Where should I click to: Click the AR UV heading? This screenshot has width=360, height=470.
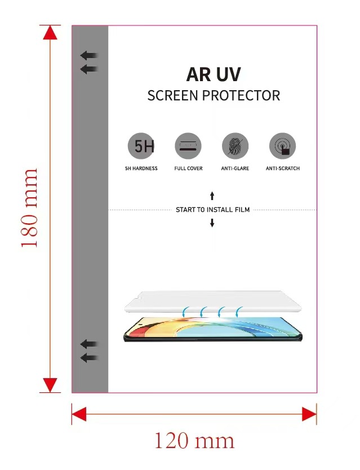pyautogui.click(x=213, y=74)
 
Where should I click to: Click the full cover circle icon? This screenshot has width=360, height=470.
pyautogui.click(x=188, y=147)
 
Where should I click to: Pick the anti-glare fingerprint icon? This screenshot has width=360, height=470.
pyautogui.click(x=235, y=147)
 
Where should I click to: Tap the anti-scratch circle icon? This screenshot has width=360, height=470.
pyautogui.click(x=282, y=147)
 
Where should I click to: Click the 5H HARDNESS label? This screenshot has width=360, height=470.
pyautogui.click(x=141, y=169)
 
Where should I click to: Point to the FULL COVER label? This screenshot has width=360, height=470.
pyautogui.click(x=188, y=169)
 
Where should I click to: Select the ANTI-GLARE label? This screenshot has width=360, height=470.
pyautogui.click(x=235, y=169)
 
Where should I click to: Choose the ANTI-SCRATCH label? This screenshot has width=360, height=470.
pyautogui.click(x=282, y=169)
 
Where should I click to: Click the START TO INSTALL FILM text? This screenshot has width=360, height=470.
pyautogui.click(x=212, y=210)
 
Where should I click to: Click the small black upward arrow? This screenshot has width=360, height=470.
pyautogui.click(x=212, y=196)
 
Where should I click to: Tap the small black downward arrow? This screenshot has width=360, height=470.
pyautogui.click(x=212, y=223)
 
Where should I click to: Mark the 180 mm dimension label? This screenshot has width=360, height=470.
pyautogui.click(x=29, y=208)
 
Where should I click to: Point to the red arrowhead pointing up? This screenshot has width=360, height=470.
pyautogui.click(x=51, y=33)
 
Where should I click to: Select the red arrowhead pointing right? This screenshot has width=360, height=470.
pyautogui.click(x=309, y=414)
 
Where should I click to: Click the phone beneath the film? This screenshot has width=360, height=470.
pyautogui.click(x=212, y=329)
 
